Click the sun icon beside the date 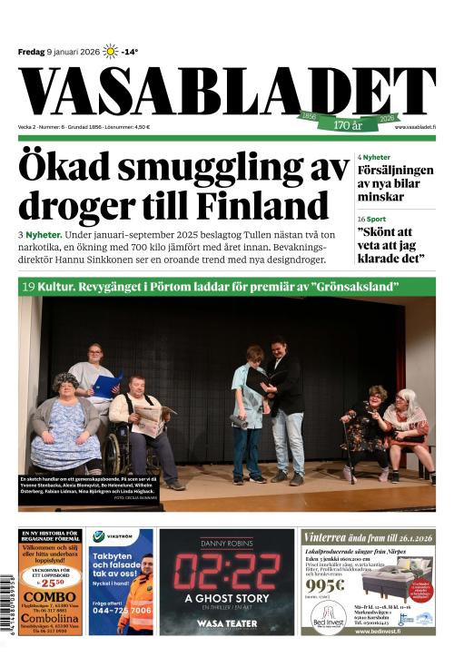[110, 52]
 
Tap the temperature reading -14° [130, 52]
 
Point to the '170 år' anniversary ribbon [348, 124]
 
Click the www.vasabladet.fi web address [415, 126]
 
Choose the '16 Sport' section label [371, 220]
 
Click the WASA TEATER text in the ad [226, 623]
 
